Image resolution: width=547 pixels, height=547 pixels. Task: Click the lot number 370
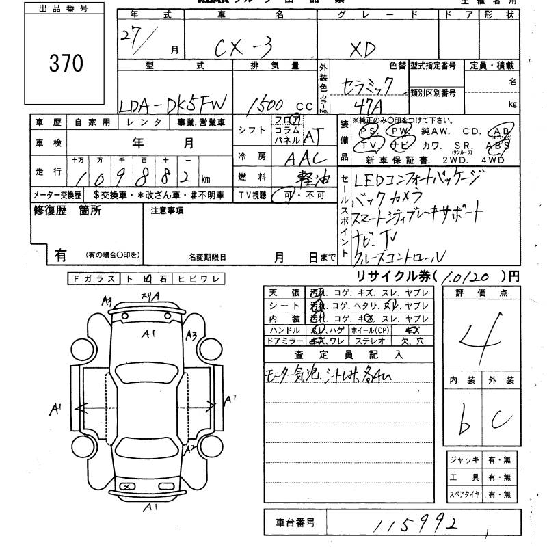(x=66, y=64)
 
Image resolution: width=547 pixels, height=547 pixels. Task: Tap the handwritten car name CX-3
(x=243, y=50)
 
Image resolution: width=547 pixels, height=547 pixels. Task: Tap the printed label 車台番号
(x=295, y=523)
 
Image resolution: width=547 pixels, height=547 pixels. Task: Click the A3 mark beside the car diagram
(x=191, y=334)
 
